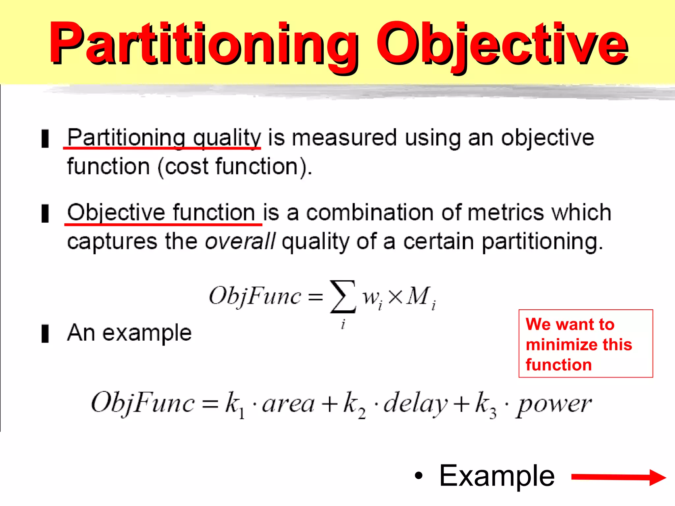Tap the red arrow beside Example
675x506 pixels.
tap(618, 477)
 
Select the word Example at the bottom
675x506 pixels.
tap(497, 476)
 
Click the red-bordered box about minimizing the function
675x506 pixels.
tap(585, 344)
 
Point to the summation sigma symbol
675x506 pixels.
tap(343, 296)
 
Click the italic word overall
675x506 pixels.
tap(240, 241)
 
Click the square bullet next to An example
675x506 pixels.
tap(45, 333)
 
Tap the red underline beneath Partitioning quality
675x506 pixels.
tap(161, 148)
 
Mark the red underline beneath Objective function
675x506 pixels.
tap(163, 224)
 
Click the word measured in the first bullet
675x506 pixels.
tap(344, 138)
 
